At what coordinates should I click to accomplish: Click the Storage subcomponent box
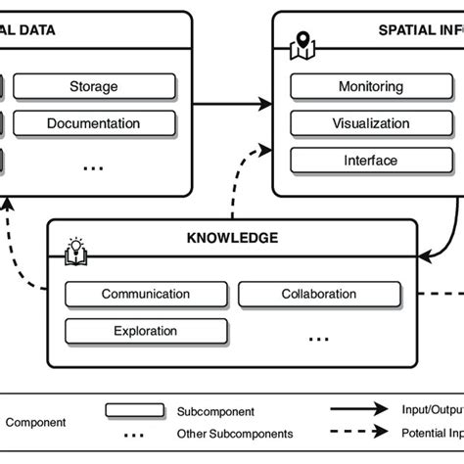click(x=94, y=87)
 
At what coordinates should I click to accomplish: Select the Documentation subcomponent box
click(x=94, y=124)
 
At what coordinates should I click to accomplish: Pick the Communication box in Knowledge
click(x=146, y=294)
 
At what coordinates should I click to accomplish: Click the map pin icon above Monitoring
click(x=302, y=44)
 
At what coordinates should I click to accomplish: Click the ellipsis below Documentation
click(x=94, y=167)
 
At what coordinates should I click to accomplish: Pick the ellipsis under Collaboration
click(x=319, y=337)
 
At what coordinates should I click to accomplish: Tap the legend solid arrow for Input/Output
click(x=362, y=411)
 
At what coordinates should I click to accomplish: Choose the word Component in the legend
click(x=36, y=423)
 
